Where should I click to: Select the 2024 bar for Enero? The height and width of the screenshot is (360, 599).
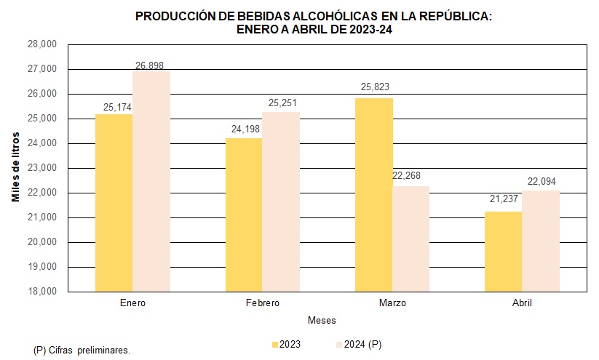(x=151, y=181)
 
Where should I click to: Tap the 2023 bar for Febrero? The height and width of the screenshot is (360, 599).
(x=243, y=215)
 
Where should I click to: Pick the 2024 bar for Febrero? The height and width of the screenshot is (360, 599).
(x=281, y=201)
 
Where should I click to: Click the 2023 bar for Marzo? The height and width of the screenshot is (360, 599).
(x=374, y=194)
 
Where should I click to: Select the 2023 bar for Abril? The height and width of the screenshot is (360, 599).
(x=503, y=251)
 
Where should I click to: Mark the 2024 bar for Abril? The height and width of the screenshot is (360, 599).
(x=541, y=241)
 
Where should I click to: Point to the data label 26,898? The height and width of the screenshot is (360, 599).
(x=149, y=65)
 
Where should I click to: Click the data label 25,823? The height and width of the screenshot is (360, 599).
(x=376, y=87)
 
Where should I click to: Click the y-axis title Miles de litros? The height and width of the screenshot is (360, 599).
(x=15, y=168)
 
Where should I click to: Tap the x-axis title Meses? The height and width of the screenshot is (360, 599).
(x=322, y=321)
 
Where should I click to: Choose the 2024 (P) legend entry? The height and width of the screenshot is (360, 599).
(x=360, y=344)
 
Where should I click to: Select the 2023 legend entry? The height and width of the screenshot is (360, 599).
(x=286, y=344)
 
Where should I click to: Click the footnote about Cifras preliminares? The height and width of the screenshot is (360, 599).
(x=82, y=350)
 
